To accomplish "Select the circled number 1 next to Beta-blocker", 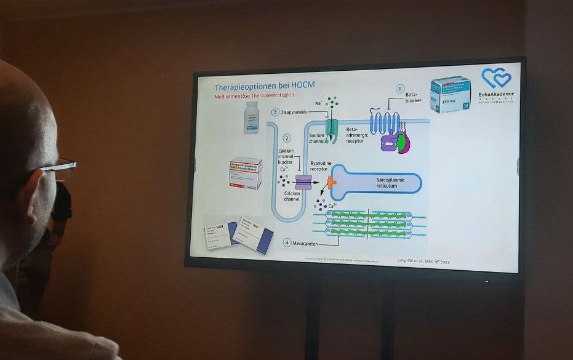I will [x=399, y=89].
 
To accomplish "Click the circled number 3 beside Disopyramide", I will [x=275, y=112].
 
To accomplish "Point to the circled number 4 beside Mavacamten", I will [x=286, y=242].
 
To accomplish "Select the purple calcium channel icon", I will [x=303, y=182].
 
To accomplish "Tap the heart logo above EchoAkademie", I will [x=496, y=78].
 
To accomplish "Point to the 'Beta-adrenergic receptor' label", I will [x=356, y=135].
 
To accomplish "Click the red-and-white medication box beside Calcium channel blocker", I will [x=246, y=172].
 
